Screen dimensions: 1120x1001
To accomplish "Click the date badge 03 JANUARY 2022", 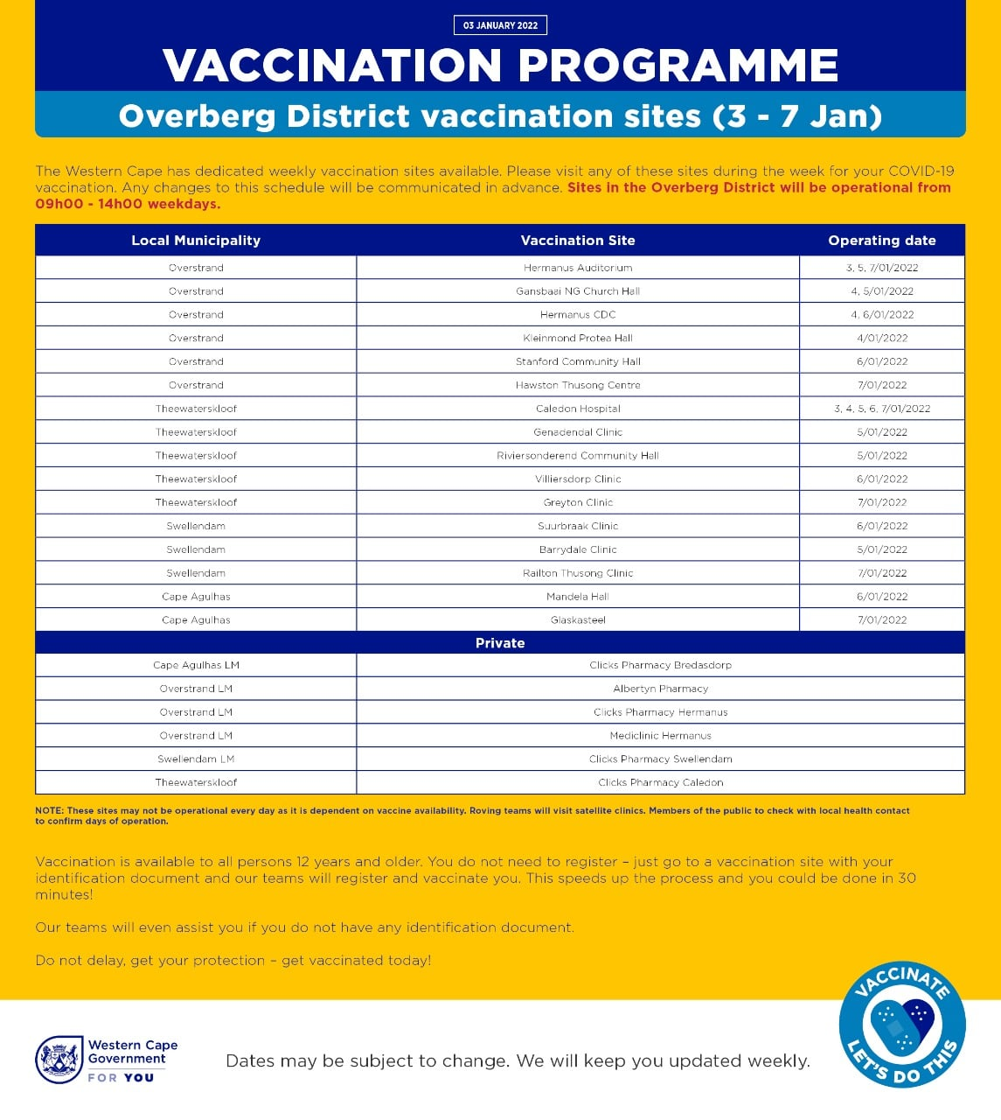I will click(500, 25).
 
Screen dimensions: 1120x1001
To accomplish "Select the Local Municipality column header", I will click(196, 241).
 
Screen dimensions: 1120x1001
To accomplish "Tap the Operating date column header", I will click(881, 241).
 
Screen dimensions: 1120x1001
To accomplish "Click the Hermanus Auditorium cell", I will click(578, 268).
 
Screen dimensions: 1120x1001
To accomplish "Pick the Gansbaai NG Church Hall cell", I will click(578, 291).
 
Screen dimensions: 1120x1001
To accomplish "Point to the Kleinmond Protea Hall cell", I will click(578, 338).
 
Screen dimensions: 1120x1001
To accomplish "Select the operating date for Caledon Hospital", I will click(881, 409).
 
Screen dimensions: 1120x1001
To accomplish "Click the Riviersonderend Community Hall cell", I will click(578, 456).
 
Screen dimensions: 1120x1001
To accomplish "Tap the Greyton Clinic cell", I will click(578, 503).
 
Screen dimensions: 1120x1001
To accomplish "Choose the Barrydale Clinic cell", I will click(578, 549).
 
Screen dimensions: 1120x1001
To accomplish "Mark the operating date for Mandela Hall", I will click(881, 597).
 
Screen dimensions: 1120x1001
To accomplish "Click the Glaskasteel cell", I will click(578, 620).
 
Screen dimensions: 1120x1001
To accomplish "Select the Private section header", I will click(500, 643).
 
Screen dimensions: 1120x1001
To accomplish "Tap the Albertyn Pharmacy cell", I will click(660, 689).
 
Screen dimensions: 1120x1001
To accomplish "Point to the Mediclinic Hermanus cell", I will click(660, 736).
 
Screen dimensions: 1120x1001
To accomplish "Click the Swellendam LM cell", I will click(196, 759).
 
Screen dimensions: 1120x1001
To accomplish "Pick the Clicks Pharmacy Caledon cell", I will click(660, 782).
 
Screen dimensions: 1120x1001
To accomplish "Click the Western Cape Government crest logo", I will click(59, 1060).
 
